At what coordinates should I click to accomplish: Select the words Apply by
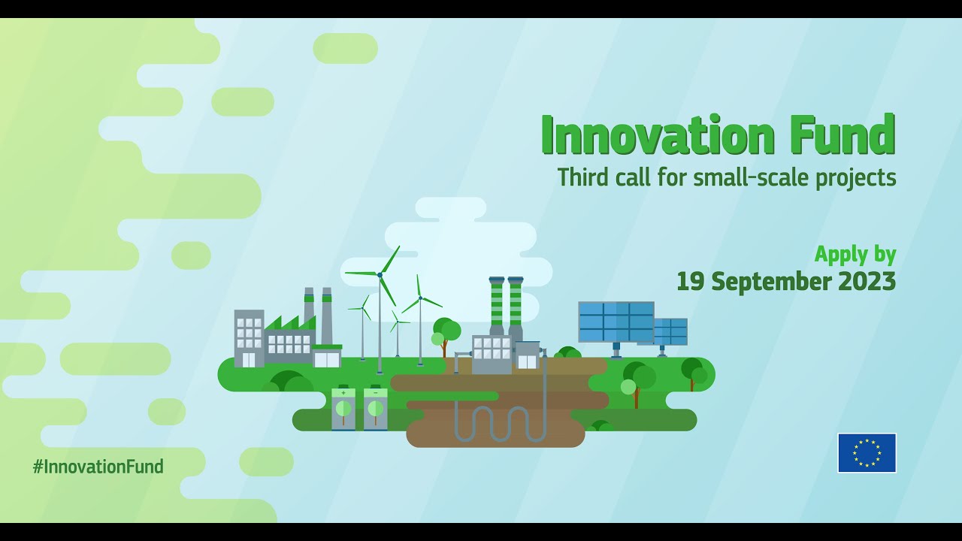(855, 254)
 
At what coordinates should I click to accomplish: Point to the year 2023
(867, 282)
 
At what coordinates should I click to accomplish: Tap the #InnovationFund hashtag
(98, 467)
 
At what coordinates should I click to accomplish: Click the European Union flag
(867, 453)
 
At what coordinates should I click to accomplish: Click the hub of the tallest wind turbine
(380, 275)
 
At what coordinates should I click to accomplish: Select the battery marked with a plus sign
(343, 409)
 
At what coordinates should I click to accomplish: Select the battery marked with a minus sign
(375, 409)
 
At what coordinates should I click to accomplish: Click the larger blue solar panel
(616, 322)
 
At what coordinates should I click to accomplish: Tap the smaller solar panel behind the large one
(671, 331)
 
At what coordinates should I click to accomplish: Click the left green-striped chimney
(497, 304)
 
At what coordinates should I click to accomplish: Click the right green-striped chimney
(516, 304)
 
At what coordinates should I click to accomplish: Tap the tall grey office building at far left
(249, 338)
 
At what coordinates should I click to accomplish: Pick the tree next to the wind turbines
(446, 332)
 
